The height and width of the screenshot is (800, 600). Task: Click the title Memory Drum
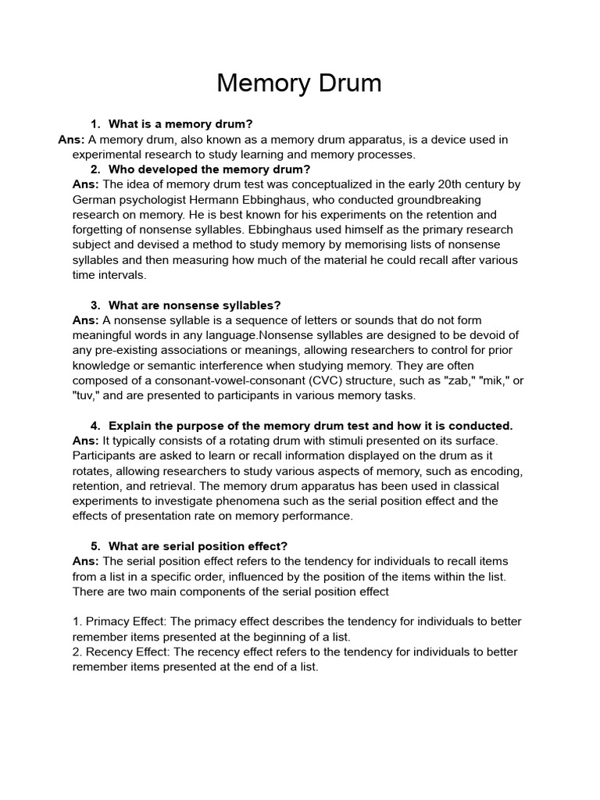click(299, 83)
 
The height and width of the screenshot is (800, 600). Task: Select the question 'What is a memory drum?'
click(180, 124)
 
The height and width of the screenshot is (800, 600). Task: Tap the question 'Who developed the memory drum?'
click(209, 170)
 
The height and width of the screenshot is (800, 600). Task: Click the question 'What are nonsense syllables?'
click(195, 305)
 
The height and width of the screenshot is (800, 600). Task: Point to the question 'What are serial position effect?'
click(198, 546)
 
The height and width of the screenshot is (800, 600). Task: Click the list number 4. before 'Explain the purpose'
click(95, 426)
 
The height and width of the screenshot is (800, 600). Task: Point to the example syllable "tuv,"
click(86, 395)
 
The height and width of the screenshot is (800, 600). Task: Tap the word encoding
click(495, 471)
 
